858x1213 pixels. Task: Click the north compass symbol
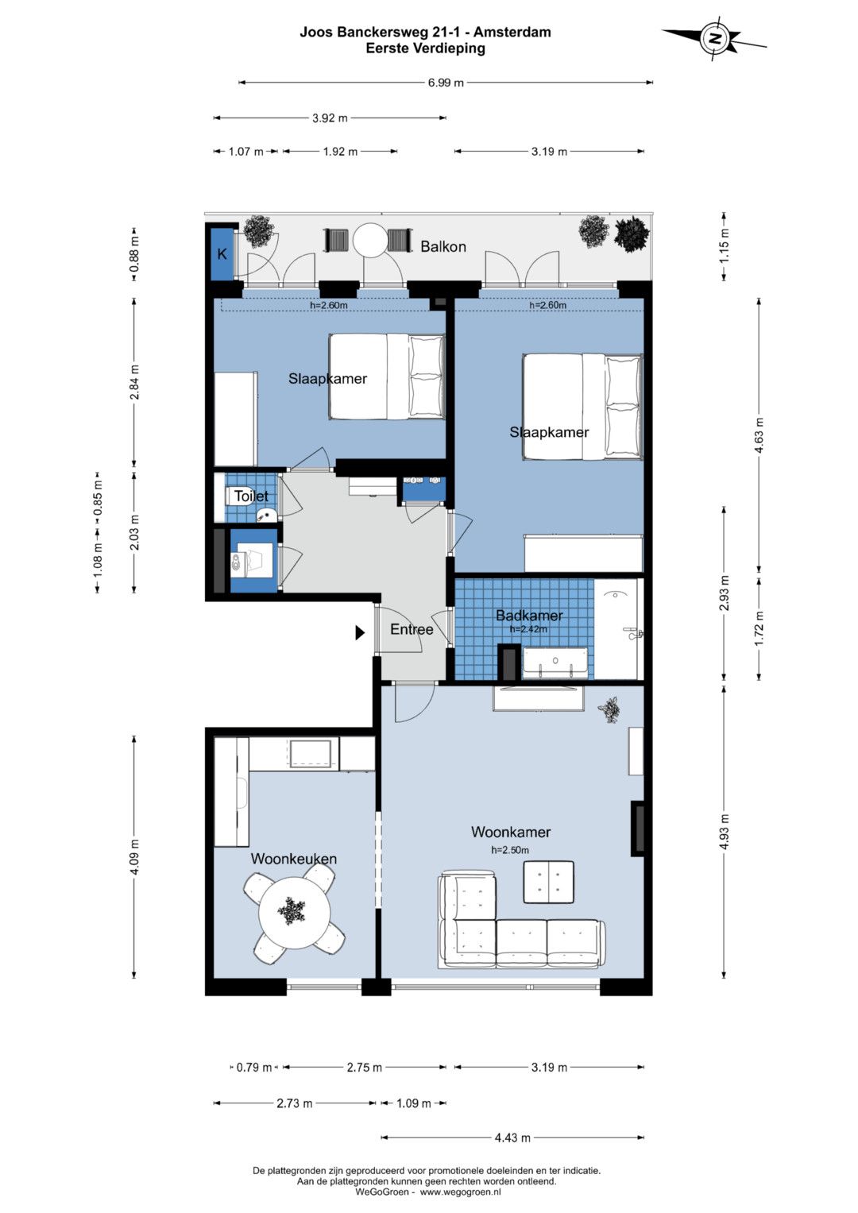715,38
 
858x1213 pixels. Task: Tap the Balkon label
443,247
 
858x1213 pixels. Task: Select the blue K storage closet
222,253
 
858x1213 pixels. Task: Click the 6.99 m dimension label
446,83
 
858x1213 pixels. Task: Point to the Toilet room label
251,496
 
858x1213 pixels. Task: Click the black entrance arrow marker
360,632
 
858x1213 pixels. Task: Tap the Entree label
412,629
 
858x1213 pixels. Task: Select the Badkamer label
529,615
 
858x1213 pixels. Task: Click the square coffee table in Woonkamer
548,882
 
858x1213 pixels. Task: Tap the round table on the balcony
370,241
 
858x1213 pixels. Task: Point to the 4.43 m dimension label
512,1138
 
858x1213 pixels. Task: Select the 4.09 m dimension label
134,856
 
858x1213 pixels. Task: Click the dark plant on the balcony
631,234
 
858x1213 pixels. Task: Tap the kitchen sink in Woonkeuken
310,754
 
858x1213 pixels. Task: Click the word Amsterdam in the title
512,32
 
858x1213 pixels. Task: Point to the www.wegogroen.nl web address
461,1192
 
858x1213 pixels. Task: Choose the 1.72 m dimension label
759,628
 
